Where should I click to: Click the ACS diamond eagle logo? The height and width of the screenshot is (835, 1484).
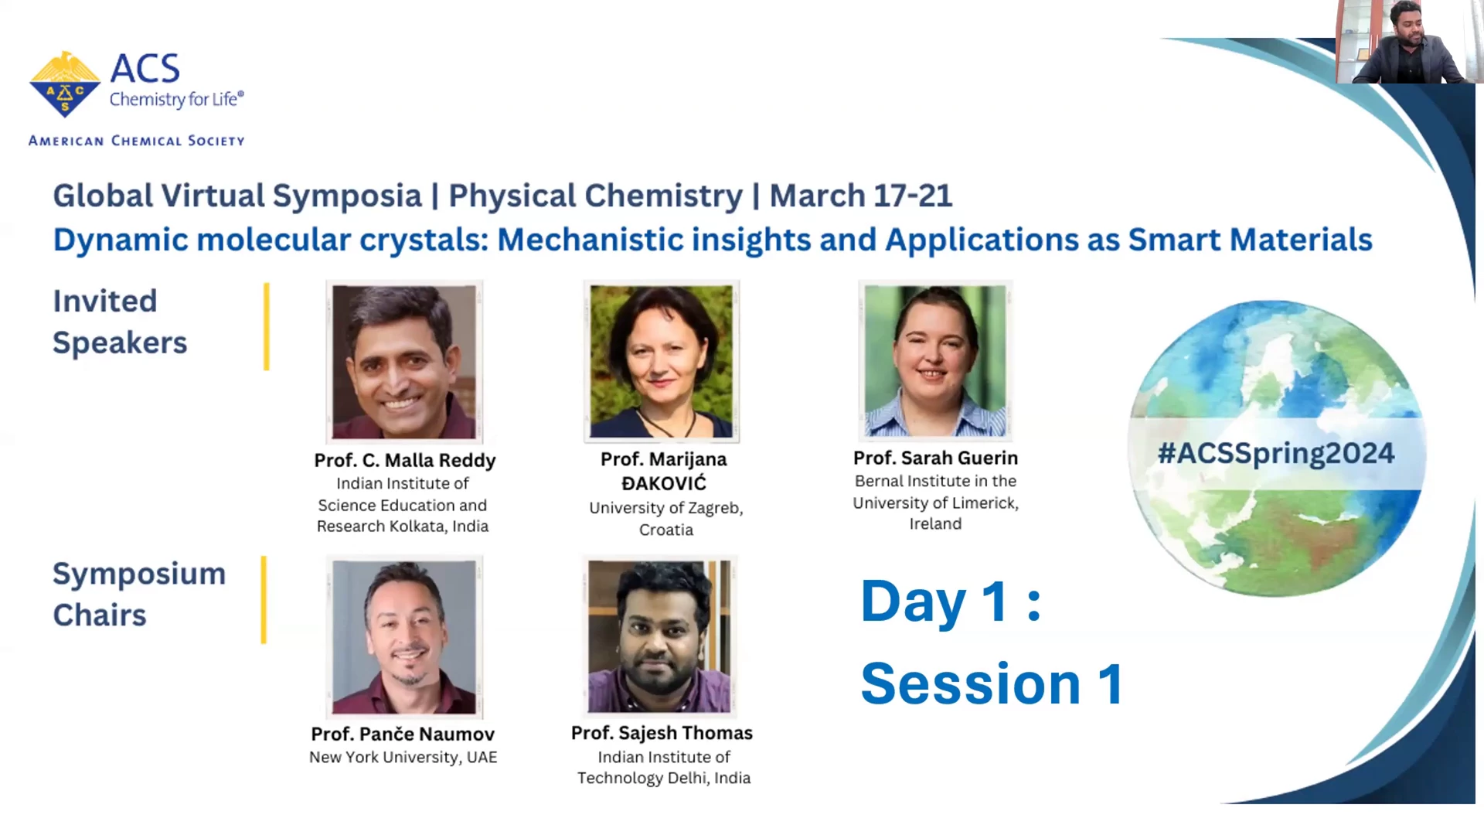click(x=65, y=84)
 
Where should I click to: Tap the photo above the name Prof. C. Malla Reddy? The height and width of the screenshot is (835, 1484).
click(x=404, y=362)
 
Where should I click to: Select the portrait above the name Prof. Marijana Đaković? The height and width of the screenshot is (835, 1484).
click(x=662, y=361)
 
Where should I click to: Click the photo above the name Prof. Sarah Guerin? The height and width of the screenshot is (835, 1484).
click(x=935, y=360)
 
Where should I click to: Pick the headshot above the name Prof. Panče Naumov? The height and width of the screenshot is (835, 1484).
click(x=404, y=637)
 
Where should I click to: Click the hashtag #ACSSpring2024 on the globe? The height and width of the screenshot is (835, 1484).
click(x=1276, y=453)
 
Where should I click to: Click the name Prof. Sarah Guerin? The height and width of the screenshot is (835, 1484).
click(x=935, y=458)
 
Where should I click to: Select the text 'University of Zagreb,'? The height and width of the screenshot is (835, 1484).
click(x=666, y=508)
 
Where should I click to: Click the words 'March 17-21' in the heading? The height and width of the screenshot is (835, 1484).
click(x=861, y=196)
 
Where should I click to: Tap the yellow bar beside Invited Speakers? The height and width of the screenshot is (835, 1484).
click(x=267, y=326)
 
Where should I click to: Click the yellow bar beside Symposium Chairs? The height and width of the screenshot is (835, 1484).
click(x=264, y=600)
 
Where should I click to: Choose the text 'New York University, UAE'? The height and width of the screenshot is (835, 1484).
click(x=403, y=757)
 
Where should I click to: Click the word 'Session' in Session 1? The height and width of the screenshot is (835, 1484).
click(x=971, y=684)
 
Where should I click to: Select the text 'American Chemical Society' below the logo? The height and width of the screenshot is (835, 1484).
click(x=137, y=141)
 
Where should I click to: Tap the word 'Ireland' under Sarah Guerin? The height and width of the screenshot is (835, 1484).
click(x=935, y=524)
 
